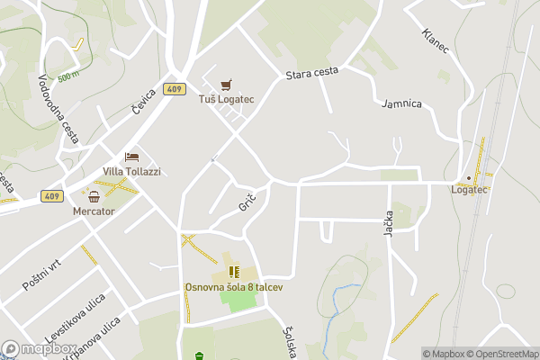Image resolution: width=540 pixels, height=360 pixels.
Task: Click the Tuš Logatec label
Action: coord(226,99)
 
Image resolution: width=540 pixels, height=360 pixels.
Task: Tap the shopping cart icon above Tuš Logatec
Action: coord(226,84)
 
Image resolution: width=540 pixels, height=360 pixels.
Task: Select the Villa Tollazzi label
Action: coord(131,171)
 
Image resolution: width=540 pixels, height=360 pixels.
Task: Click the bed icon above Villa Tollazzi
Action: coord(131,157)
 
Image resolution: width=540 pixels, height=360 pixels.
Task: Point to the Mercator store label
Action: coord(94,211)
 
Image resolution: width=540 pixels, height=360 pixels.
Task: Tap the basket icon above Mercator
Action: coord(94,196)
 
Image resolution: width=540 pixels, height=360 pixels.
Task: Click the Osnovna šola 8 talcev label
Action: coord(234,286)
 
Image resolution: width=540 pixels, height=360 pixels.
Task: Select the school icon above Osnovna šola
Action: coord(234,271)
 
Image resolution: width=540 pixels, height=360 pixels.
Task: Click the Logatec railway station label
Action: coord(469,190)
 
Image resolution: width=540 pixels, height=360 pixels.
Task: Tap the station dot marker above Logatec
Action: coord(469,177)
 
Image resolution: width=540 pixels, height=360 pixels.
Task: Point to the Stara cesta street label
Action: coord(312,74)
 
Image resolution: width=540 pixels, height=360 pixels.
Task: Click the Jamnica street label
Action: coord(401,103)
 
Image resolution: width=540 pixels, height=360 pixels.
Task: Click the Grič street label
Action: coord(248,202)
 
